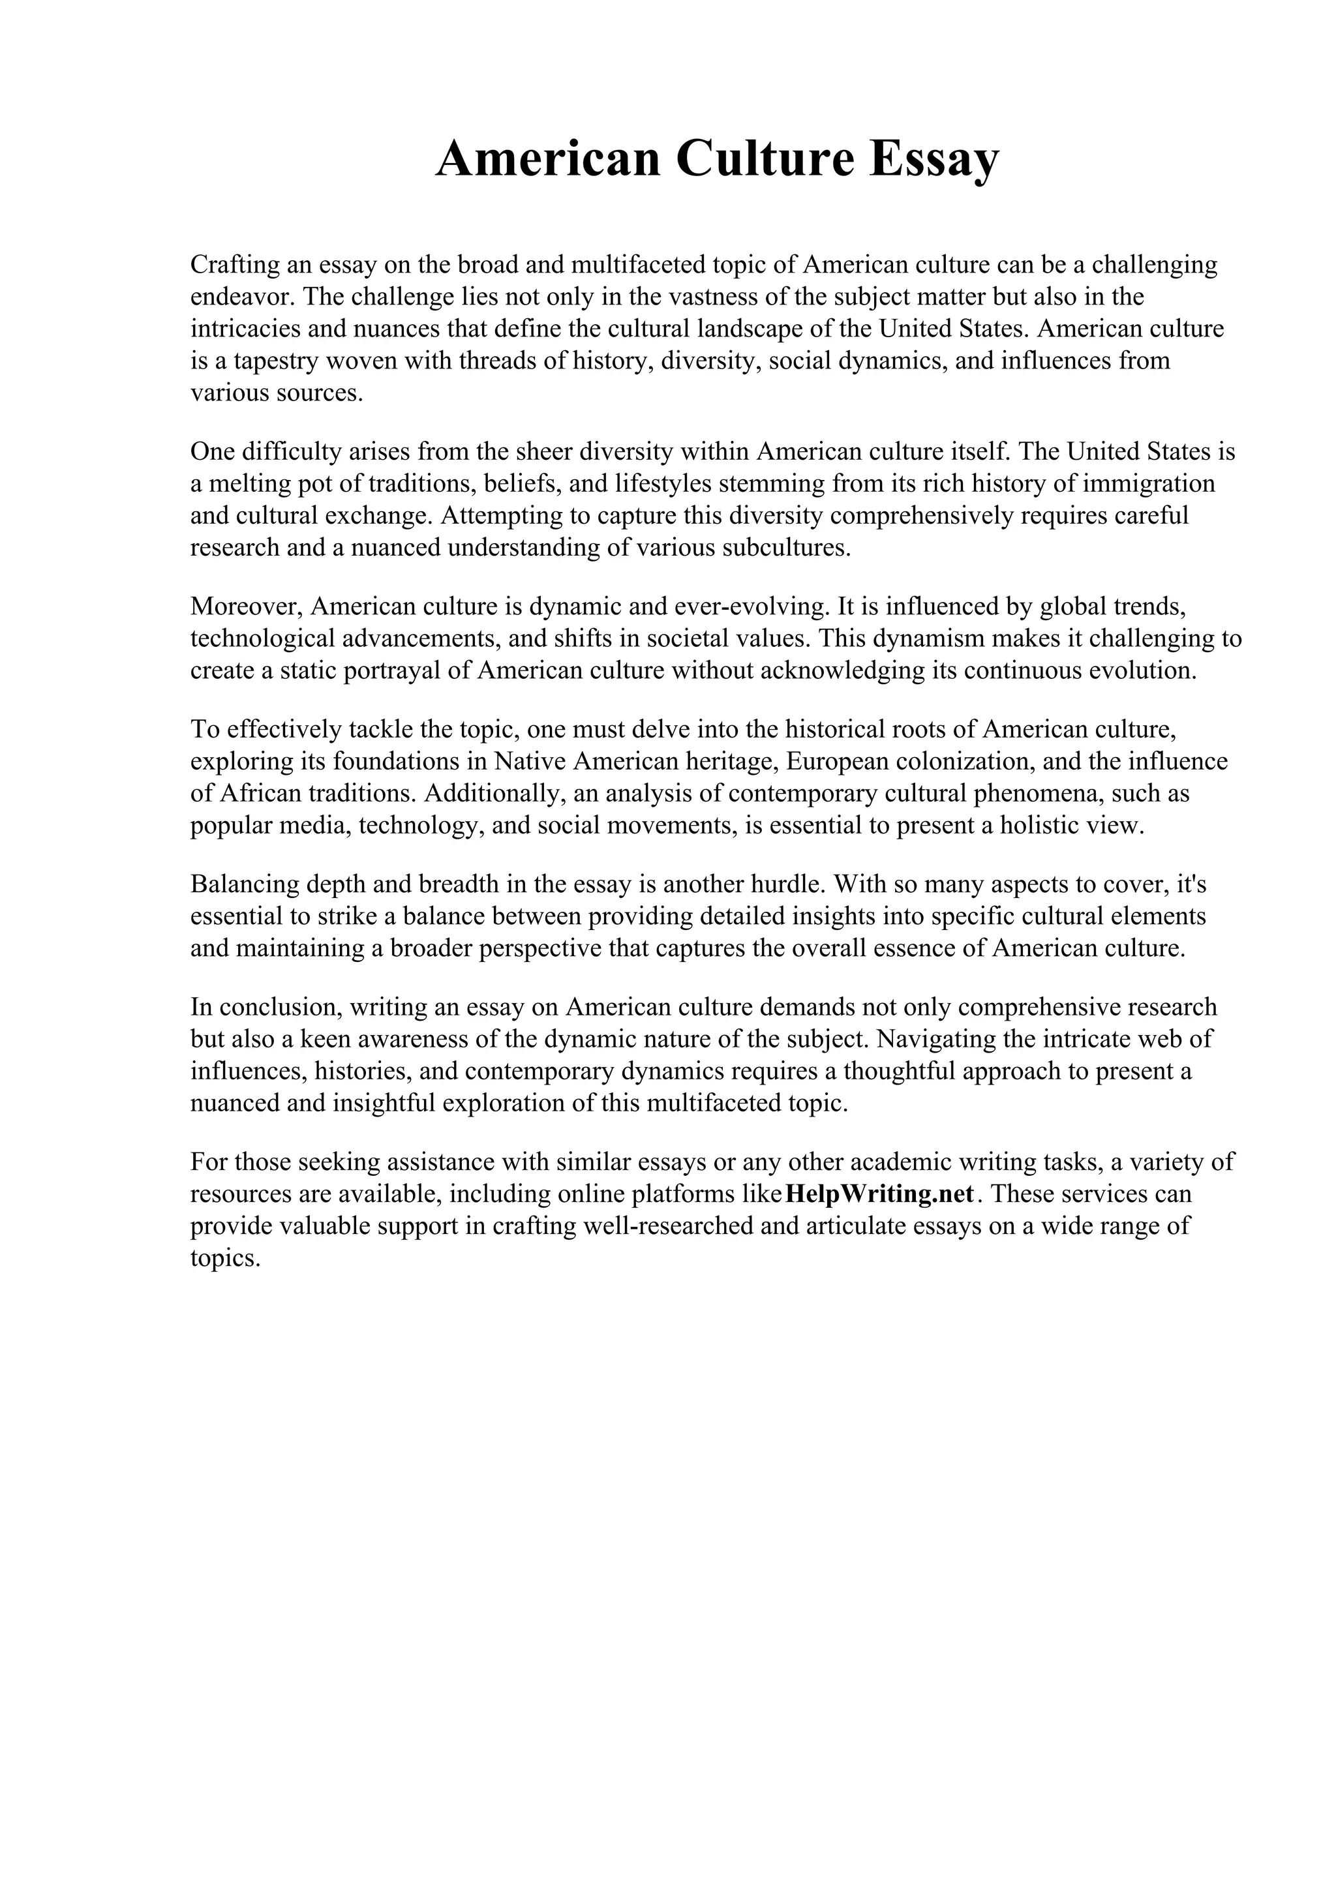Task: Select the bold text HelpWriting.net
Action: [880, 1193]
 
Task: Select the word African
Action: [262, 794]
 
